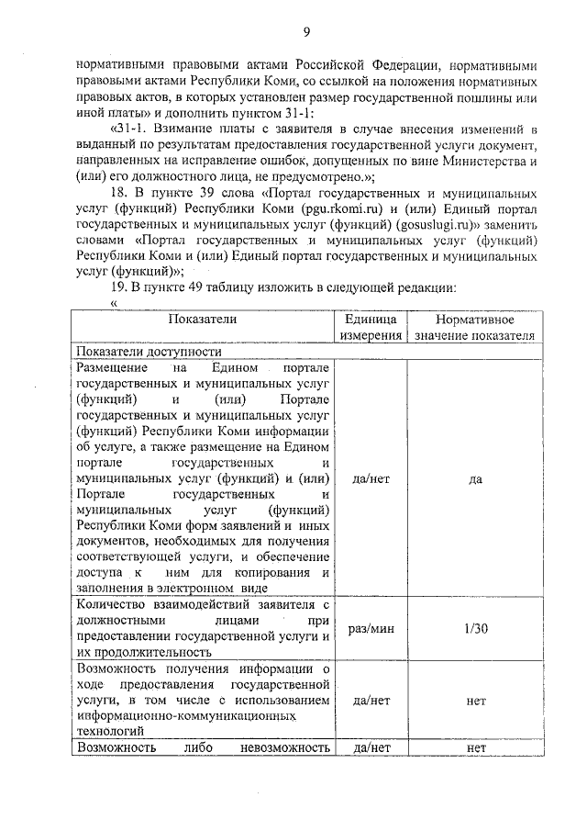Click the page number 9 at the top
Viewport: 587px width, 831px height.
(306, 34)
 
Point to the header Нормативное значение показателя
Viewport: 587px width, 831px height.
(473, 327)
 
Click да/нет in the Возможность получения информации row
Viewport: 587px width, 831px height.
(371, 700)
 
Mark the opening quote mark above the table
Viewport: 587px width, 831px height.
(115, 303)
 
